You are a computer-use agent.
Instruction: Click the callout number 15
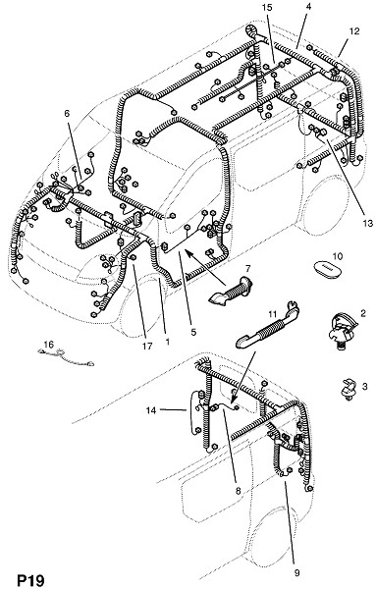[x=267, y=8]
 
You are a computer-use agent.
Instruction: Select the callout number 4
[x=308, y=6]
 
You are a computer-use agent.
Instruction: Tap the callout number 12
[x=354, y=30]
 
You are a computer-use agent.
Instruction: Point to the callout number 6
[x=67, y=113]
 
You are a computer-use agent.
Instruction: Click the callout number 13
[x=368, y=224]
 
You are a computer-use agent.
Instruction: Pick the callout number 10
[x=338, y=256]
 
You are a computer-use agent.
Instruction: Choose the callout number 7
[x=248, y=269]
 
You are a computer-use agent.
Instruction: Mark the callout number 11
[x=272, y=314]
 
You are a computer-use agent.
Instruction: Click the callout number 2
[x=363, y=313]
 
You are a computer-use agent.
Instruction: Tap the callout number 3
[x=365, y=386]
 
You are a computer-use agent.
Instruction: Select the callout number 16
[x=49, y=345]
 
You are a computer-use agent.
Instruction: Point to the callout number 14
[x=151, y=410]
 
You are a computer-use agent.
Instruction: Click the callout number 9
[x=296, y=573]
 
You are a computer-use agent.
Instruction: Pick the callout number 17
[x=147, y=346]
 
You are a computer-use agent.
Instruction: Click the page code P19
[x=30, y=580]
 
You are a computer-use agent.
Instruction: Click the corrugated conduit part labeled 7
[x=229, y=291]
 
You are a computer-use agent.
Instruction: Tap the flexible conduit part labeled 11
[x=267, y=326]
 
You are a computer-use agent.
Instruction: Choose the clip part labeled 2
[x=343, y=332]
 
